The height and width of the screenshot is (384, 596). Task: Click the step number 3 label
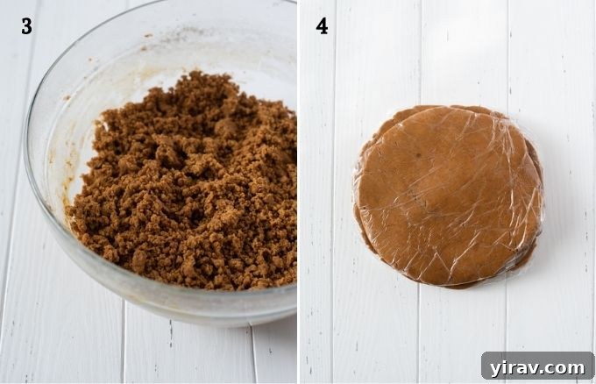[x=26, y=26]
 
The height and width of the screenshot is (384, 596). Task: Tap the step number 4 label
[x=322, y=26]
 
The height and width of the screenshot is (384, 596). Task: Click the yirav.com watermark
[x=538, y=366]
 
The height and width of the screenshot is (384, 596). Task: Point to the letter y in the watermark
[x=496, y=367]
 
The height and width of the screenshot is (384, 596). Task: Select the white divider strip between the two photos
[x=299, y=192]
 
